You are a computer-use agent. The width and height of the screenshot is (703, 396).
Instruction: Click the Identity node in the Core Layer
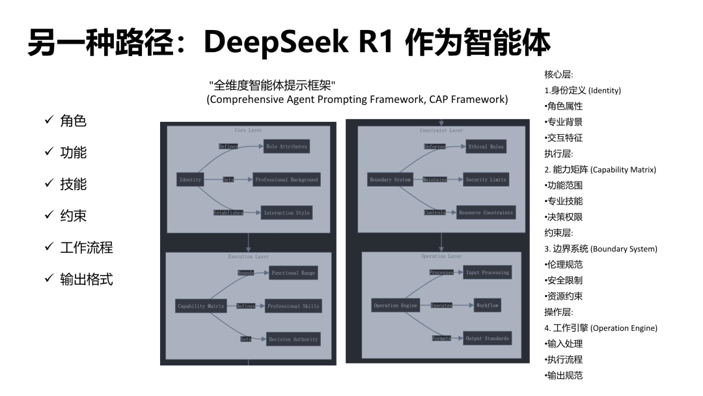(x=190, y=179)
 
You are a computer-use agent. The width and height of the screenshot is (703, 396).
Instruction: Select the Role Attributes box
(x=286, y=147)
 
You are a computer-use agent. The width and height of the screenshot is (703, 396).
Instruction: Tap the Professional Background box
(x=286, y=179)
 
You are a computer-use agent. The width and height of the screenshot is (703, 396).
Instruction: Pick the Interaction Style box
(x=286, y=213)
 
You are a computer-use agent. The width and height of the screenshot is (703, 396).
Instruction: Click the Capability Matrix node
(x=200, y=305)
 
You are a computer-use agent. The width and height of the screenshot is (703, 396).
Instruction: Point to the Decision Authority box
(x=293, y=339)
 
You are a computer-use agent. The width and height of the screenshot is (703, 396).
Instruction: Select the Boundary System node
(x=390, y=179)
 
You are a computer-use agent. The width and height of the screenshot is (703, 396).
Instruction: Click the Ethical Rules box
(x=486, y=147)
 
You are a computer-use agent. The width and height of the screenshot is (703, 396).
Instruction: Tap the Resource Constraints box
(x=486, y=212)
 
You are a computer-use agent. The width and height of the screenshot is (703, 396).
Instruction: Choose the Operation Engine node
(x=395, y=305)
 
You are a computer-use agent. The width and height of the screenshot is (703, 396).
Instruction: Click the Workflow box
(x=487, y=305)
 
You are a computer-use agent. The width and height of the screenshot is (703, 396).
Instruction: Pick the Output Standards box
(x=487, y=338)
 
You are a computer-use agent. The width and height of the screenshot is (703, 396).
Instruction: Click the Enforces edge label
(x=435, y=147)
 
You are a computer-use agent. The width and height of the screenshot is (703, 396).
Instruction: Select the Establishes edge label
(x=228, y=213)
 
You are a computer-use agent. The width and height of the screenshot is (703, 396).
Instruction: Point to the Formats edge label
(x=441, y=339)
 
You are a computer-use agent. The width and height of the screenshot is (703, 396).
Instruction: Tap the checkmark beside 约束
(x=48, y=216)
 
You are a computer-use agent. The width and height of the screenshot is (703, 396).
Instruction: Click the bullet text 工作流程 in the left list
(x=87, y=247)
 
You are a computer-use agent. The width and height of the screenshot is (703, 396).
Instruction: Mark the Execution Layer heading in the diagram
(x=248, y=257)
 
